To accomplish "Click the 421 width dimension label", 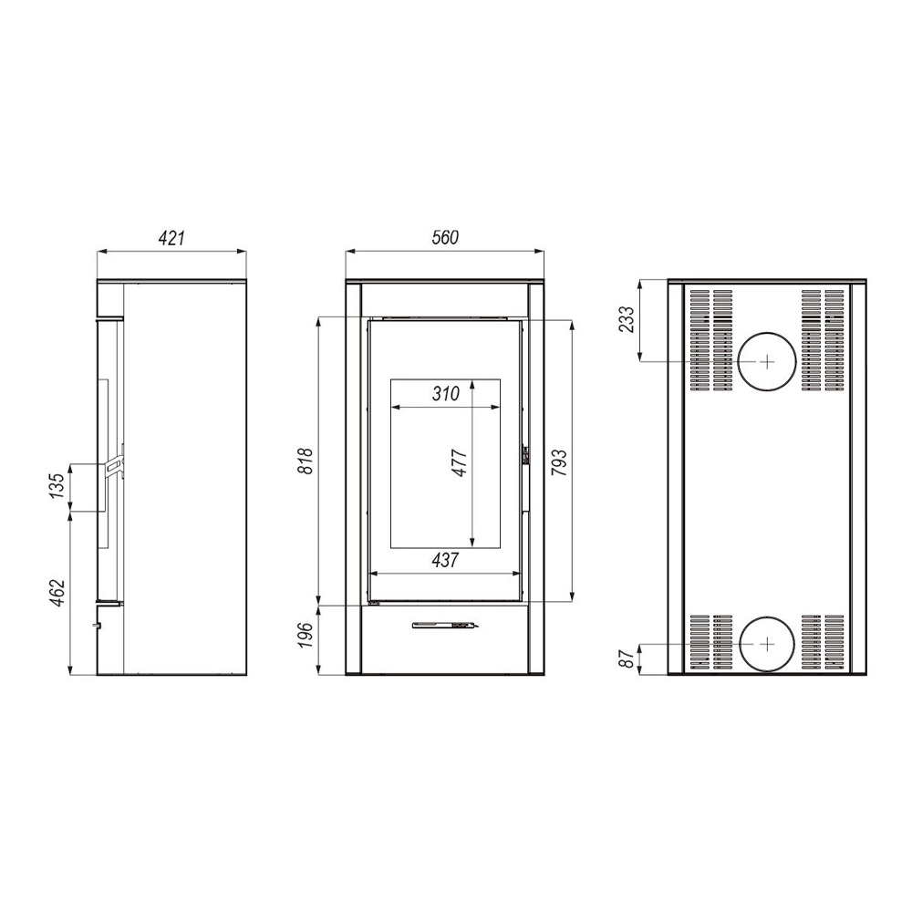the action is [171, 238].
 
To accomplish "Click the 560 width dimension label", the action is [445, 237].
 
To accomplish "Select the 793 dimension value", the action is [558, 462].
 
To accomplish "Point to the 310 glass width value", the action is [446, 394].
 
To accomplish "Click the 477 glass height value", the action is [460, 463].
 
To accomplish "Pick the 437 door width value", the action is [446, 560].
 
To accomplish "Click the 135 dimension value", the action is [57, 486].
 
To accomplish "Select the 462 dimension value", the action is [57, 594].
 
